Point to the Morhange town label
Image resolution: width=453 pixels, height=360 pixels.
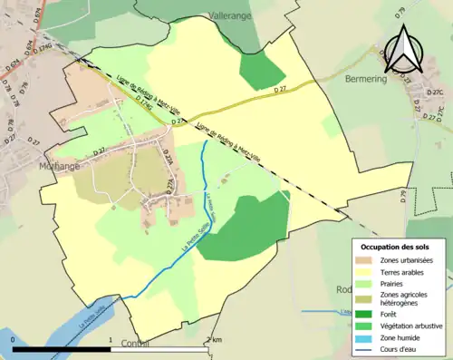point(61,167)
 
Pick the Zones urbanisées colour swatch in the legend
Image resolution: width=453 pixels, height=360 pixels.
point(367,259)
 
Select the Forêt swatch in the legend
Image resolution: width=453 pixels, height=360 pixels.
point(367,316)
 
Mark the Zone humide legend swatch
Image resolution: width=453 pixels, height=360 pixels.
point(367,338)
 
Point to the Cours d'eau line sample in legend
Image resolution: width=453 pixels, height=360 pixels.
point(367,349)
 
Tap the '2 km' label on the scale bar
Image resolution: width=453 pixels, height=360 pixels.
point(213,339)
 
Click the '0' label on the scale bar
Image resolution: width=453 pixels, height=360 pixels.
point(14,339)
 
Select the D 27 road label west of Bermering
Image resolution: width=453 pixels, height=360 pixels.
point(280,90)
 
